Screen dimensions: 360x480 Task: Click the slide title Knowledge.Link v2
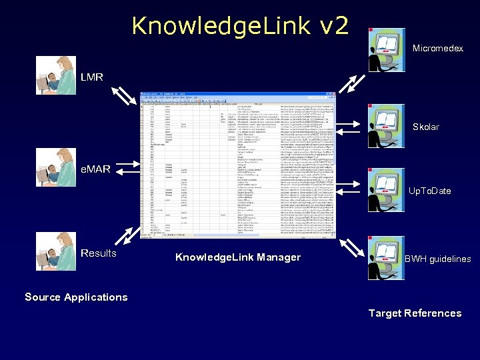click(x=240, y=26)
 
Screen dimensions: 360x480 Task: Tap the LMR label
click(x=92, y=77)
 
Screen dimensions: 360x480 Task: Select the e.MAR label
click(x=95, y=169)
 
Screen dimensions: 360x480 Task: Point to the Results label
click(x=99, y=253)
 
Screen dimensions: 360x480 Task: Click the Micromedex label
click(x=437, y=49)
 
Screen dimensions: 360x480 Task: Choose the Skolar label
click(x=426, y=127)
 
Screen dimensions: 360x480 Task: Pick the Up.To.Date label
click(x=429, y=191)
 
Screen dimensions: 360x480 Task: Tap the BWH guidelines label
click(x=438, y=259)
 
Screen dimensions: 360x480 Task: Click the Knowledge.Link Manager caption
click(x=238, y=257)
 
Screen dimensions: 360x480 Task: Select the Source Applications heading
click(x=76, y=297)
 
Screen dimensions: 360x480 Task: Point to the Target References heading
click(x=415, y=313)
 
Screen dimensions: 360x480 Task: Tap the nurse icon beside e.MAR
click(x=56, y=167)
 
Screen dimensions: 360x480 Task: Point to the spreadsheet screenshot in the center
click(x=238, y=165)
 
